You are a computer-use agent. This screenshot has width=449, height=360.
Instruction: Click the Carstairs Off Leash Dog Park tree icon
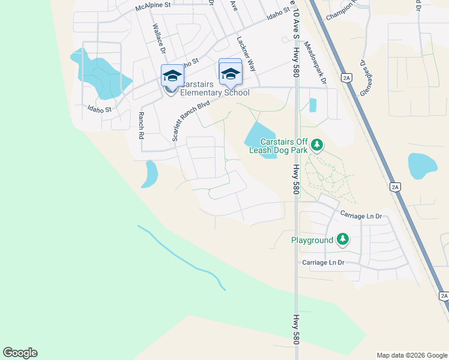317,145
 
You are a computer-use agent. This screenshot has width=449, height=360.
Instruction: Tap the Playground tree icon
343,239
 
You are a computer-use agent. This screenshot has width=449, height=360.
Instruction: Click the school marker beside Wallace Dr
172,76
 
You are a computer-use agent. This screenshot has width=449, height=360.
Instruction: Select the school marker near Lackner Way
230,73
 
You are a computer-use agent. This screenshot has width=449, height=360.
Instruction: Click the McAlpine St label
153,6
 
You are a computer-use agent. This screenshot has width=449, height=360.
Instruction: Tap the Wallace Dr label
158,39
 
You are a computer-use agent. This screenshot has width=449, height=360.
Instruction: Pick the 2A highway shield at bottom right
443,296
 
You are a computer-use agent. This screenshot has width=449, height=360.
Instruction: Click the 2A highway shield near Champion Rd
346,77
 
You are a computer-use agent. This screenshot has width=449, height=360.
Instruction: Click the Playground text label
312,240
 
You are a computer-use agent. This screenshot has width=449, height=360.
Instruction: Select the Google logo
20,353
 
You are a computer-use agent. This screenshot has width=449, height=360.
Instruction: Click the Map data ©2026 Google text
411,355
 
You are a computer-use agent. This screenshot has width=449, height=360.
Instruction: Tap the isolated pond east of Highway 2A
423,166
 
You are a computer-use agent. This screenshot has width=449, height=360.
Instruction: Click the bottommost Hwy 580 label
295,328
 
